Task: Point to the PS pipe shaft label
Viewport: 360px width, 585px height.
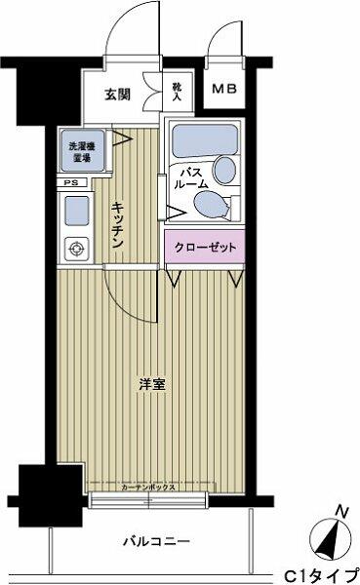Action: point(70,182)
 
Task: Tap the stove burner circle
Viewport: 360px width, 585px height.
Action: point(76,248)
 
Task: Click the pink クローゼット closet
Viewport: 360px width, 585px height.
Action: point(205,248)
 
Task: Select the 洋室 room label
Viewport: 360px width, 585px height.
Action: point(152,383)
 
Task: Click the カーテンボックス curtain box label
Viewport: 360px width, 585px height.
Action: point(148,485)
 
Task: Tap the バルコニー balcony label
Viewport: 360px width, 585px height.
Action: point(156,539)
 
